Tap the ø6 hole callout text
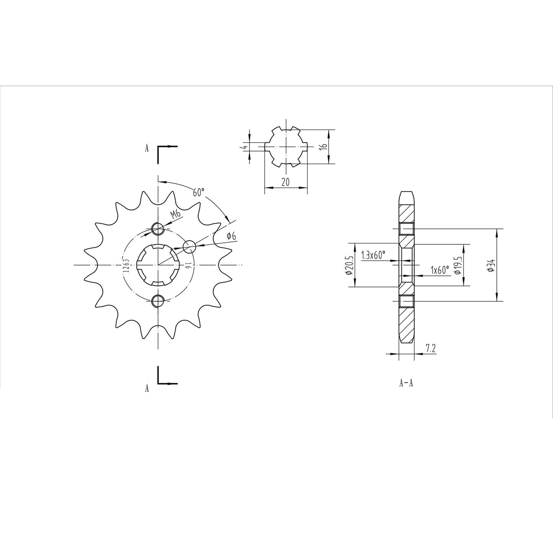(231, 236)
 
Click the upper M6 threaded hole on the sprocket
(158, 229)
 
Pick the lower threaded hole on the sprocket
(158, 301)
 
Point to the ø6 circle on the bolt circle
(189, 247)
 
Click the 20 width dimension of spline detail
(285, 182)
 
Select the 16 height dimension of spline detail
(323, 147)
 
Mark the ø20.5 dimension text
(349, 265)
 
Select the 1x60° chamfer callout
(439, 270)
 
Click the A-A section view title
(406, 383)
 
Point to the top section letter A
(147, 149)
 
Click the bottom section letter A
(147, 389)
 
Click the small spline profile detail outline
(286, 147)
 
